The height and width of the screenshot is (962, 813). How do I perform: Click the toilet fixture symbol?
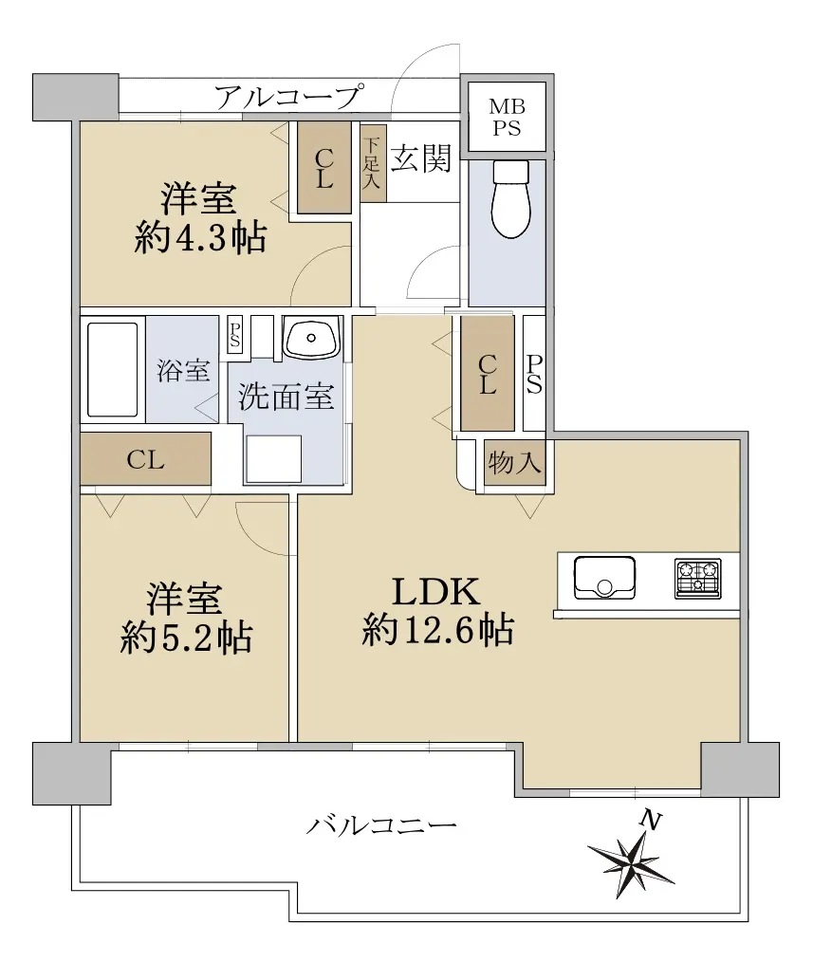click(510, 199)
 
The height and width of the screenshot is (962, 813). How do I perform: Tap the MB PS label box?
click(507, 117)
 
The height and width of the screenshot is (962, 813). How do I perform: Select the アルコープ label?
click(287, 97)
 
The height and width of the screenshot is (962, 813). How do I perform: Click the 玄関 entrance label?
click(421, 158)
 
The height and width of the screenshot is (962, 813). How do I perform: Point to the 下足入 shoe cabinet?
click(373, 162)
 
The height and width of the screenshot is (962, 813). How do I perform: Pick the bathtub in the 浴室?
click(112, 369)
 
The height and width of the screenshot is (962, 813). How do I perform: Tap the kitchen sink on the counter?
click(604, 578)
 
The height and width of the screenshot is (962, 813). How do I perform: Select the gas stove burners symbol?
click(698, 578)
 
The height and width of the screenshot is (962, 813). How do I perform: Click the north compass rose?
click(632, 861)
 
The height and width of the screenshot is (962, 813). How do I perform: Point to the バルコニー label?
click(381, 823)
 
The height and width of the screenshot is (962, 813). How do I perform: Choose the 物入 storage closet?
click(514, 462)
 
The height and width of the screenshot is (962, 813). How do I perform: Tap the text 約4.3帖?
click(201, 237)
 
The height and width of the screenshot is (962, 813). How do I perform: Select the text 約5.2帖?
click(186, 638)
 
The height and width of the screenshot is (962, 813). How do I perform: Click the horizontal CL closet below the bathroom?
click(146, 459)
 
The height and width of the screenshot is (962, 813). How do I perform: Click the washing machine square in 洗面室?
click(273, 459)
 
